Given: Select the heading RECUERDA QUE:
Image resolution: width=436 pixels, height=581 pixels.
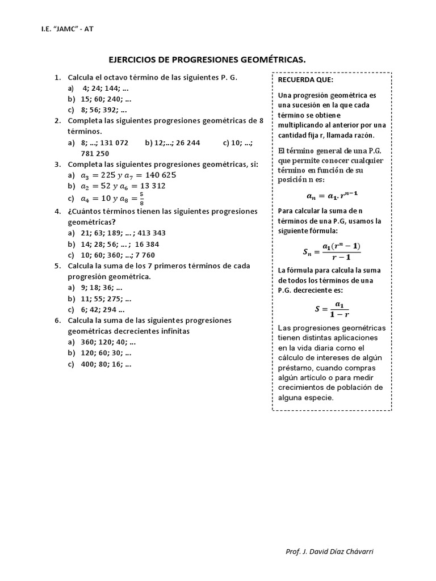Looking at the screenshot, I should click(298, 80).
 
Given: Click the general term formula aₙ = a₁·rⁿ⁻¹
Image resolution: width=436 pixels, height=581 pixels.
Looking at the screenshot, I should click(332, 196).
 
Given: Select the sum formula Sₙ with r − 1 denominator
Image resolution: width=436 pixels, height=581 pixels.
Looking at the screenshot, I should click(332, 251).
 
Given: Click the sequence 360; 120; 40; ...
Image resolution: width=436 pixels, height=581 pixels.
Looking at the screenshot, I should click(102, 342).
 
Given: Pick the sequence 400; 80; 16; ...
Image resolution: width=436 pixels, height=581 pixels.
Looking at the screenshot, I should click(100, 364).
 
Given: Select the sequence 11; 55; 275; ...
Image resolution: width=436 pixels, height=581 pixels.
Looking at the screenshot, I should click(100, 298).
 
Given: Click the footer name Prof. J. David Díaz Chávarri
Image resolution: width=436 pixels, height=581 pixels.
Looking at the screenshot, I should click(329, 551).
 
